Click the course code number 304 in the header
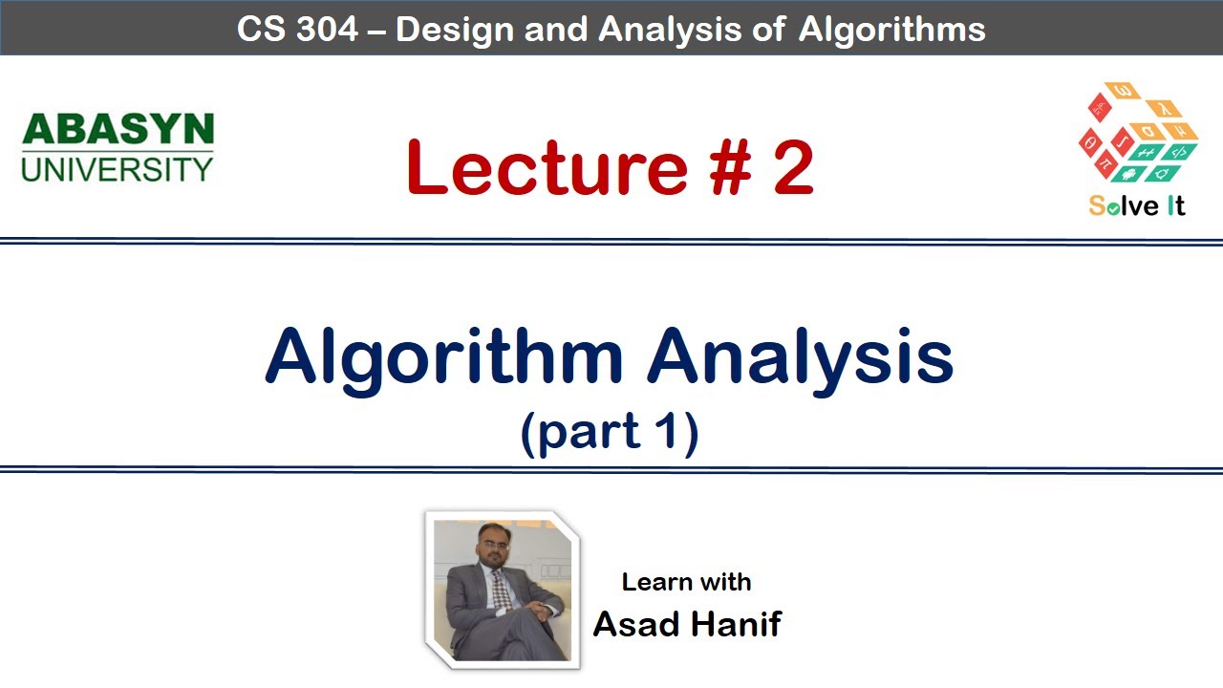(328, 29)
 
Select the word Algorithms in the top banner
(891, 29)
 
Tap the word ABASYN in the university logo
(118, 130)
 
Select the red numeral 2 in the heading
(794, 167)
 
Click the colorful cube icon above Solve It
(1137, 134)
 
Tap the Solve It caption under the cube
(1137, 205)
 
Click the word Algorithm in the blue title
(444, 357)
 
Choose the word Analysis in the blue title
(801, 355)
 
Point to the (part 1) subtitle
(610, 432)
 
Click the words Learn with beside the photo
(686, 582)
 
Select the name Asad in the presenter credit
(636, 624)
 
